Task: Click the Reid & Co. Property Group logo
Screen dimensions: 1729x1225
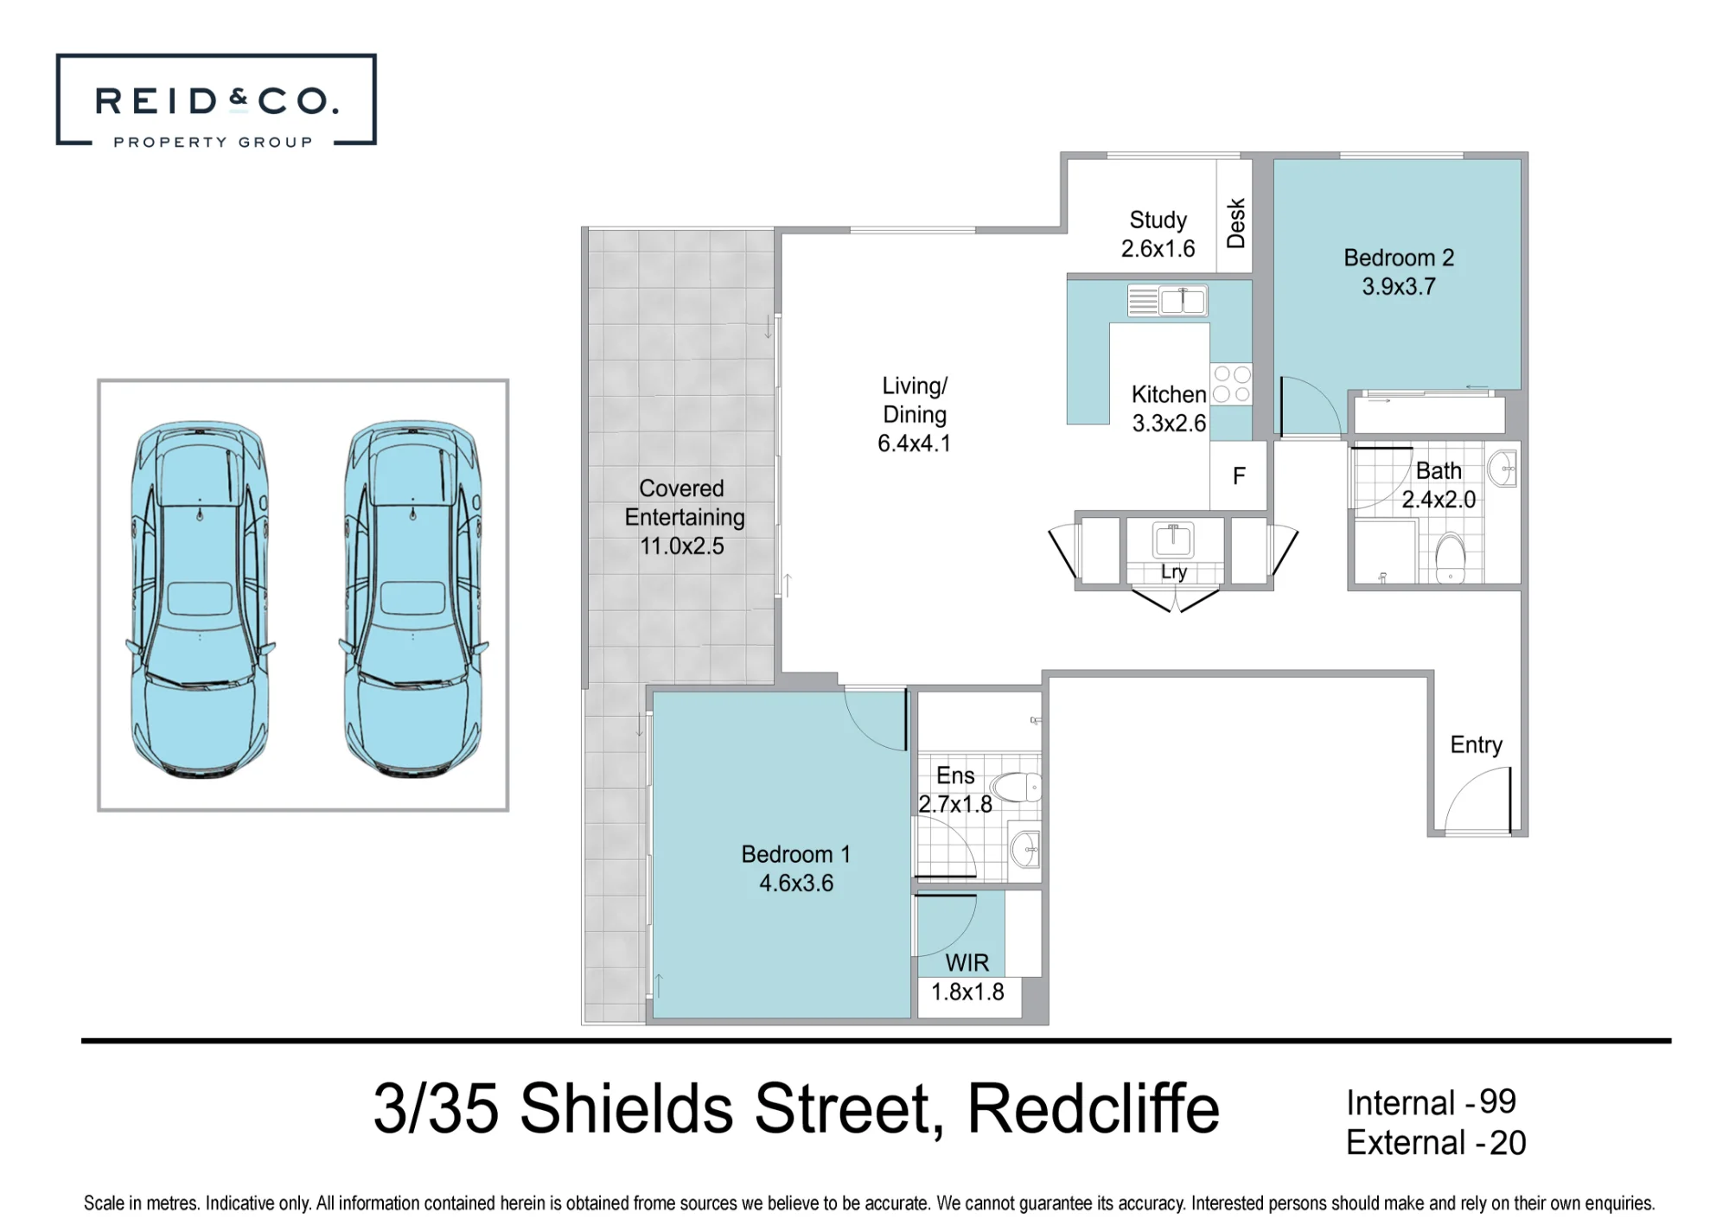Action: [216, 99]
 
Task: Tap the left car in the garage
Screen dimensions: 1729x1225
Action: [200, 599]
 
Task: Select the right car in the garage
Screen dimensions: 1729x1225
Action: [413, 599]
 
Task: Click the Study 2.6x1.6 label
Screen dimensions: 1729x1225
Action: [1158, 234]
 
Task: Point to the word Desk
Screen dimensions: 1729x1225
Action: [1236, 223]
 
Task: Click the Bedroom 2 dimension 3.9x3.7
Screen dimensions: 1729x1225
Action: [1399, 286]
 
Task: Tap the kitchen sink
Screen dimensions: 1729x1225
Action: [1168, 301]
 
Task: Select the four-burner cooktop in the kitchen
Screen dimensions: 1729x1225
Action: [1231, 384]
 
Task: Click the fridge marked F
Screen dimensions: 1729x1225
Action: [1239, 475]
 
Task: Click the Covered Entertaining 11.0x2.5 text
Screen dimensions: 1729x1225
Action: [684, 517]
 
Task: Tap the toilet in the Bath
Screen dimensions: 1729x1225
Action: [1450, 558]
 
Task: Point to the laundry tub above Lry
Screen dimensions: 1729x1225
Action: [1173, 539]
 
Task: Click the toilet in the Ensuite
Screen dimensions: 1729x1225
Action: [1016, 787]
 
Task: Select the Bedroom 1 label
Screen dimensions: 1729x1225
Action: [796, 854]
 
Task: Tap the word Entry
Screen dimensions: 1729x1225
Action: [1476, 745]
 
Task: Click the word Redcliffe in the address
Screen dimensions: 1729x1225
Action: [1093, 1108]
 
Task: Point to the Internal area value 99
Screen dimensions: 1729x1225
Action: [1497, 1102]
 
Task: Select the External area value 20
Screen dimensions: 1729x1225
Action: [1508, 1143]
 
